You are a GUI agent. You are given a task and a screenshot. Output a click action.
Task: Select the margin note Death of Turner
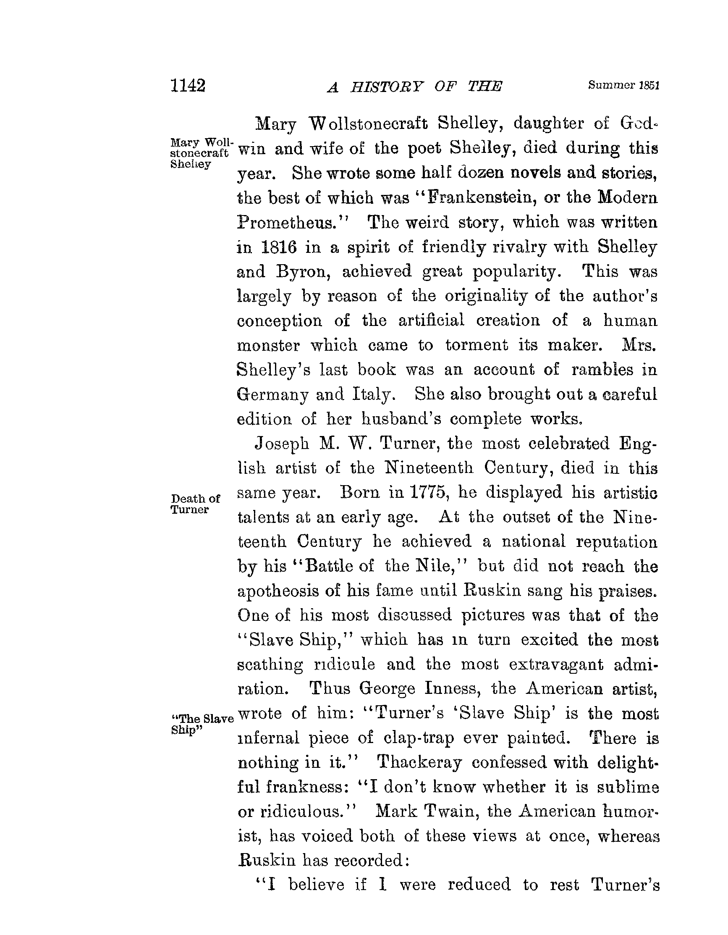pyautogui.click(x=195, y=504)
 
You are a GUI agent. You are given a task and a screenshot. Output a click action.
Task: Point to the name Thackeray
pyautogui.click(x=420, y=762)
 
